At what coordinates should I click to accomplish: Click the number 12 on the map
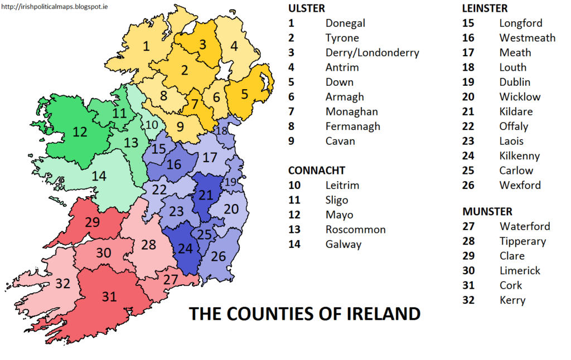(80, 132)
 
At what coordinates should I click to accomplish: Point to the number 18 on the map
(221, 131)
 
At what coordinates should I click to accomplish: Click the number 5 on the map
(244, 94)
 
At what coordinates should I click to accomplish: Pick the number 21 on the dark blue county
(206, 194)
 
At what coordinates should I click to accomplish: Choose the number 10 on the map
(151, 124)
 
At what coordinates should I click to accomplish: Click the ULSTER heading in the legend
(306, 8)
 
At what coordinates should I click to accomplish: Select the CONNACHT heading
(316, 171)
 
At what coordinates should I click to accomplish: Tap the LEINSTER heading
(485, 8)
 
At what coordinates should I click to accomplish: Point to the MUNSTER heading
(487, 212)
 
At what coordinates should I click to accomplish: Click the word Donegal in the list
(345, 23)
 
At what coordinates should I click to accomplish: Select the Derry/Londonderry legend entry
(372, 53)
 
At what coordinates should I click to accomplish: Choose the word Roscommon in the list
(355, 230)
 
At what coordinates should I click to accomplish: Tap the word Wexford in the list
(520, 185)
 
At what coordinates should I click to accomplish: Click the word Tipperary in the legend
(522, 241)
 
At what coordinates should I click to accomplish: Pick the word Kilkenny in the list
(520, 156)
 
